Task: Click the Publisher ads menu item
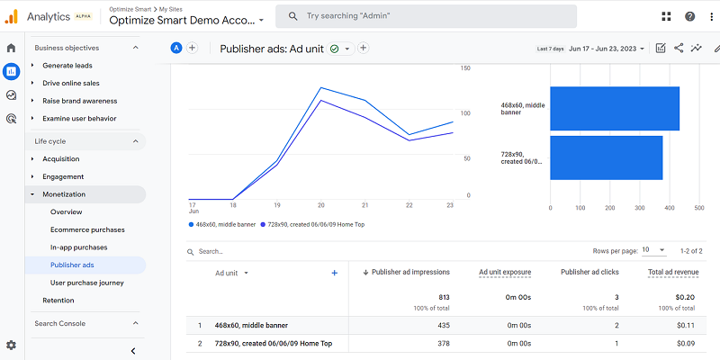(72, 265)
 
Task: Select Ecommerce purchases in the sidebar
(87, 229)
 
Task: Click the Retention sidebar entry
(58, 301)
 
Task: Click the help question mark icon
(689, 16)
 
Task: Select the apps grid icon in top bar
(665, 16)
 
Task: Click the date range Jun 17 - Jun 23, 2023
(607, 49)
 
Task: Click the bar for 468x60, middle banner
(614, 109)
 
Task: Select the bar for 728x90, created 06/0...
(606, 157)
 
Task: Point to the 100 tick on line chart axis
(465, 113)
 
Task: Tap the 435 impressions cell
(441, 325)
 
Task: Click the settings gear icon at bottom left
(11, 345)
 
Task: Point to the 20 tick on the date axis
(320, 204)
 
